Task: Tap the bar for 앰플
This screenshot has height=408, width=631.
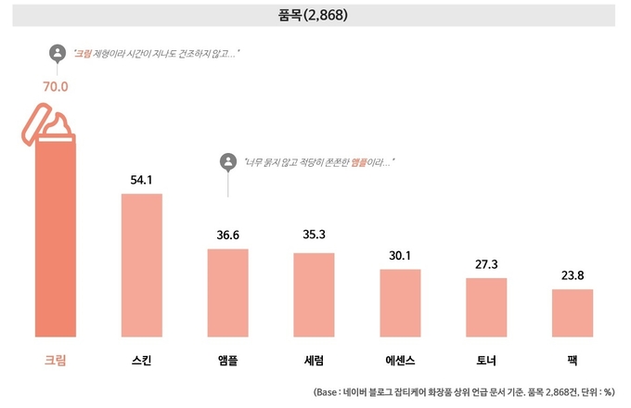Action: click(228, 292)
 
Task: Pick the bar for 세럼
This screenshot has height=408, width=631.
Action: click(314, 294)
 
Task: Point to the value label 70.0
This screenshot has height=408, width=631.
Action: click(56, 87)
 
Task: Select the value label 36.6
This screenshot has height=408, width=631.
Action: click(228, 235)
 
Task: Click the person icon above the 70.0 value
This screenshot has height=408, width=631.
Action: click(57, 54)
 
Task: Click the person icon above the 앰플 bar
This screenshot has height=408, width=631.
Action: click(227, 162)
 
